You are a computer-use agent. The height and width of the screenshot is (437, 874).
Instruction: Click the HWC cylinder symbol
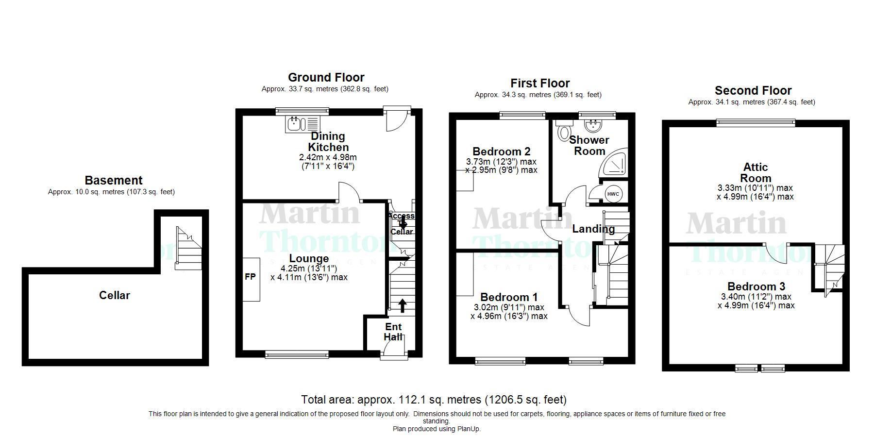tap(613, 194)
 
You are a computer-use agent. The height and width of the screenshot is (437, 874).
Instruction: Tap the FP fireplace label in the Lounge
tap(250, 277)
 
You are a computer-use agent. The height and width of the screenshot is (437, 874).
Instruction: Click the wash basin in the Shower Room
tap(593, 126)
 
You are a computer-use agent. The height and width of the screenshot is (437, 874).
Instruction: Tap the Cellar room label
tap(115, 295)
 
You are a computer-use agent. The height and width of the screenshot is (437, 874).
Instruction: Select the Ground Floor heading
tap(326, 77)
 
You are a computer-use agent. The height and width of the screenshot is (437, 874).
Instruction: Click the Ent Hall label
tap(393, 332)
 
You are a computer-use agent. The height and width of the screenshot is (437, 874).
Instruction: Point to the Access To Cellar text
tap(402, 223)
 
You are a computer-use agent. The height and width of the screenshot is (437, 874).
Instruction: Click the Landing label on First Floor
tap(593, 229)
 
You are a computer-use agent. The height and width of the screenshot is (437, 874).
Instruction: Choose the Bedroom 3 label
tap(756, 286)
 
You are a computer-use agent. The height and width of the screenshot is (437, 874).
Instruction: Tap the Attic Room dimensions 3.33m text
tap(755, 188)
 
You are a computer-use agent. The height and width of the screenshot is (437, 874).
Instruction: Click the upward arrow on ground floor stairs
tap(403, 305)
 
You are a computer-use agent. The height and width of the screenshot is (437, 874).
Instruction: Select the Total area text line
tap(434, 400)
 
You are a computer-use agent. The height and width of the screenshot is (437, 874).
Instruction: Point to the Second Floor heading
tap(753, 90)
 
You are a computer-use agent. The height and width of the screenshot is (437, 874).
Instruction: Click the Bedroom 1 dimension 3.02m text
tap(509, 307)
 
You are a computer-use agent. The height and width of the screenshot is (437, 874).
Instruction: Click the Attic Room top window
tap(756, 123)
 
